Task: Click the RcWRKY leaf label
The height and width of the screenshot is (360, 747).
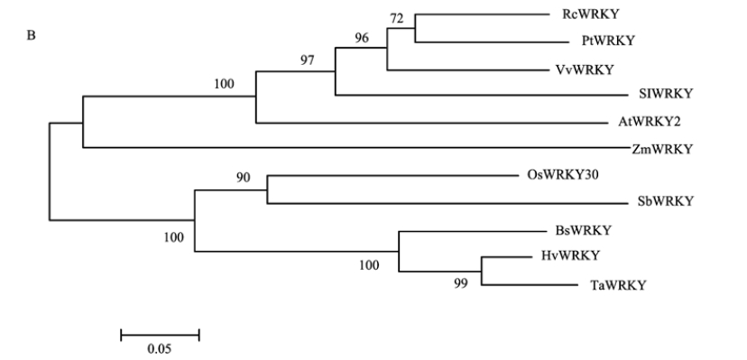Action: coord(590,14)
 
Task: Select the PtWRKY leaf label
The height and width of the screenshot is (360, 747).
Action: coord(608,41)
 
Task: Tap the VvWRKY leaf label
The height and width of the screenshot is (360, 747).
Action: coord(585,70)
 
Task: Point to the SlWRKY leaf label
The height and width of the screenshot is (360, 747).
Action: coord(666,94)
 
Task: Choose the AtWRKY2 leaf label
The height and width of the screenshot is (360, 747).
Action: coord(650,122)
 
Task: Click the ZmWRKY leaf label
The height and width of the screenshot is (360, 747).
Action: coord(662,149)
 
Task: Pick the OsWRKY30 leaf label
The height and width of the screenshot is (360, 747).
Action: coord(563,175)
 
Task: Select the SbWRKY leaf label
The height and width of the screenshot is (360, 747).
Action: coord(665,201)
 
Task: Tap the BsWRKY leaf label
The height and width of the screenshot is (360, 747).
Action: coord(583,230)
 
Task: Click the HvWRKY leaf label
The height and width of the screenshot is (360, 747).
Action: coord(570,255)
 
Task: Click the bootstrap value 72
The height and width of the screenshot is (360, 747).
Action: coord(397,19)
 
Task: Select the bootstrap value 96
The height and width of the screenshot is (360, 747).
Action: coord(362,38)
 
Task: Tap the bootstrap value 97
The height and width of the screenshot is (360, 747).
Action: coord(308,60)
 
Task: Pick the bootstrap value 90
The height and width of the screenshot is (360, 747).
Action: coord(243,178)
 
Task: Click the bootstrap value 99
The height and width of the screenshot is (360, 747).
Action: coord(461,283)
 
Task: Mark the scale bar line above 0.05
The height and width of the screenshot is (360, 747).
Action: coord(160,335)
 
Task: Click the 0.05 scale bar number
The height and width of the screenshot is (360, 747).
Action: coord(159,349)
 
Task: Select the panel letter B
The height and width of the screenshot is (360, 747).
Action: coord(31,36)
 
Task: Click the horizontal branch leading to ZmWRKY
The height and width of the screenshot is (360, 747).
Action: coord(357,148)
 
